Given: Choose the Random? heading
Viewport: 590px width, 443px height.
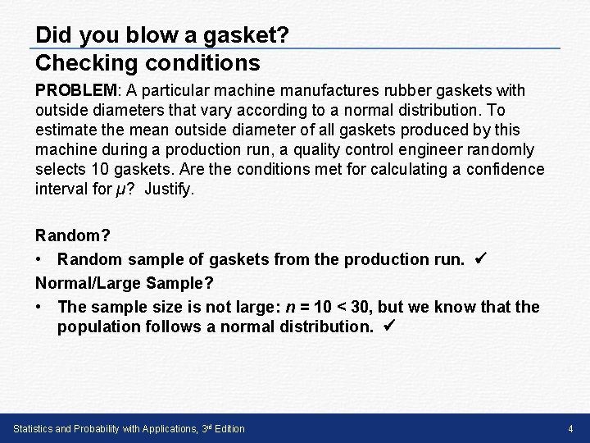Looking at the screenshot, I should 73,235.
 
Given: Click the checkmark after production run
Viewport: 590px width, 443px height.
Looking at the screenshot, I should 483,259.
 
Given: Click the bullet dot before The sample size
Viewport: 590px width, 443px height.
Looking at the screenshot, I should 41,307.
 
